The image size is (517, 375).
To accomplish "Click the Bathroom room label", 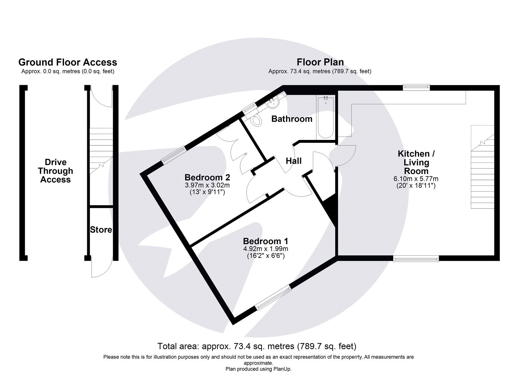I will (291, 119).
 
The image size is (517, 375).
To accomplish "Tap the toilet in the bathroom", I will (257, 121).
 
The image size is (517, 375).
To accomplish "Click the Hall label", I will (293, 161).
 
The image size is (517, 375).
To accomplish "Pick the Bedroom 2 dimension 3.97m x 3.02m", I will (207, 185).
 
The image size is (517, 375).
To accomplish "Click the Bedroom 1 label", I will (265, 241).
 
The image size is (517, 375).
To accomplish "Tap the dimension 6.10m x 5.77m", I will (416, 179).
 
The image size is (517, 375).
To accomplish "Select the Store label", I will (101, 230).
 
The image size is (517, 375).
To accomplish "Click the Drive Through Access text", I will (55, 171).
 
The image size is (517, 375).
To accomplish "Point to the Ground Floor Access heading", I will (68, 62).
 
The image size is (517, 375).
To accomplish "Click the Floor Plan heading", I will (320, 62).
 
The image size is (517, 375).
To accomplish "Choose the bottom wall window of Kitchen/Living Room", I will (416, 258).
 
